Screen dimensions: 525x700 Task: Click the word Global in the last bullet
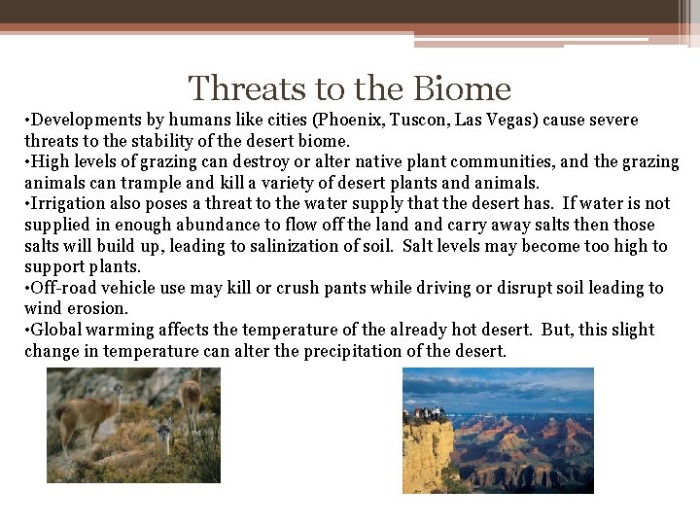tap(57, 330)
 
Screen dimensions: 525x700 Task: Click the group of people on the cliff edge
tap(425, 414)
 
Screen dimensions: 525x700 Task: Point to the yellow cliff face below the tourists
tap(428, 457)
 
